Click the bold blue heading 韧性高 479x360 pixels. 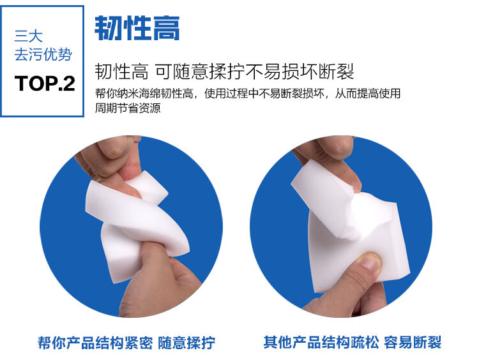[x=137, y=28]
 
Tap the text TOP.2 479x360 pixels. [x=45, y=84]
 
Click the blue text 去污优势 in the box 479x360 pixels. [x=43, y=55]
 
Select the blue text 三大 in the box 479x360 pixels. [x=28, y=36]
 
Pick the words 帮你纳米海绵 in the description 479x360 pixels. [x=128, y=93]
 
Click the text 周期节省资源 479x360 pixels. [x=128, y=108]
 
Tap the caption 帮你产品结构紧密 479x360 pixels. [x=95, y=343]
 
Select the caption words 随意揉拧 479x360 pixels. [x=186, y=343]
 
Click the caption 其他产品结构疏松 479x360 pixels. [x=321, y=342]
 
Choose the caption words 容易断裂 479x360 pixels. [x=413, y=342]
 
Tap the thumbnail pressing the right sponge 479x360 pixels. [x=370, y=261]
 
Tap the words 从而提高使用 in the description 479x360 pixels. [x=368, y=93]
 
